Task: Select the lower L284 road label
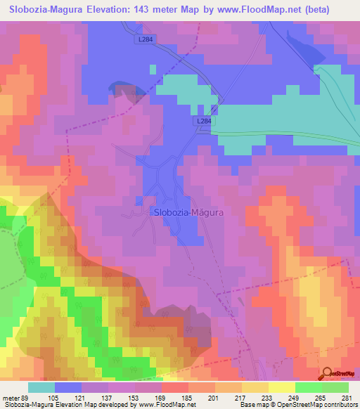(203, 122)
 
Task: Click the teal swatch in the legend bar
(41, 387)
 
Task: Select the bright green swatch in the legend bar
(309, 387)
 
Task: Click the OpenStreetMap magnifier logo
(326, 374)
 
